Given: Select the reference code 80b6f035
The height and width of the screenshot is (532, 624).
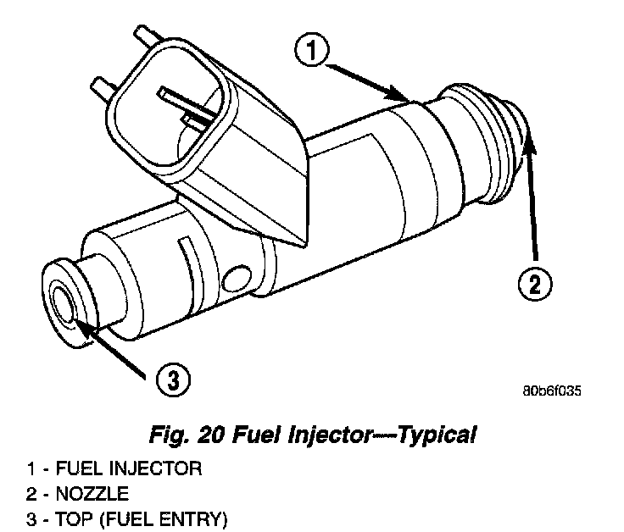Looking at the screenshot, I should click(553, 391).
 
